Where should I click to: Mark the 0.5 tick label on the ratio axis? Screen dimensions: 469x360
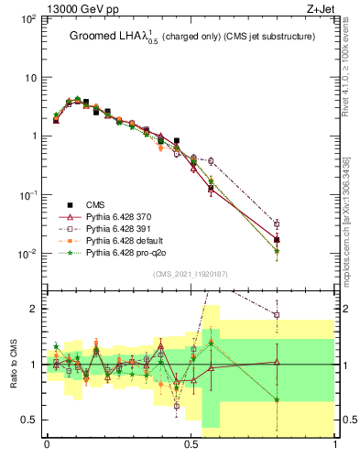(31, 420)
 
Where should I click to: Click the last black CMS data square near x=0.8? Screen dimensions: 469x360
(277, 240)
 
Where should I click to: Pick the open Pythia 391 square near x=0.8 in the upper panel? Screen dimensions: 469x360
(277, 224)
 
